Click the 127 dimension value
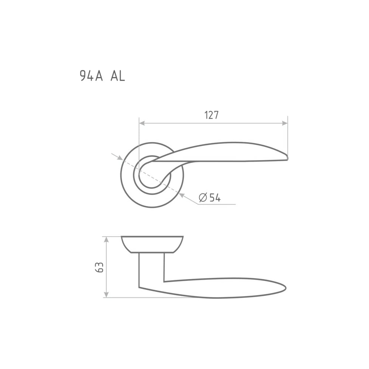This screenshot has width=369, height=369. point(211,115)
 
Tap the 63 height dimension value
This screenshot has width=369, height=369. point(99,267)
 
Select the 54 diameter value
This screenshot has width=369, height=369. point(215,197)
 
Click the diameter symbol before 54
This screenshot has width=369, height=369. point(203,197)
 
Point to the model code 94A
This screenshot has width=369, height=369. point(92,76)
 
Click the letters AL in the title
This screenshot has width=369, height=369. point(118,76)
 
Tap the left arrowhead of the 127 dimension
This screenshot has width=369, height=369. point(142,123)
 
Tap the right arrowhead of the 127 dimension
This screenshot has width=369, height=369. point(285,123)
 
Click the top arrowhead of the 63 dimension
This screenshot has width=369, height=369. point(106,239)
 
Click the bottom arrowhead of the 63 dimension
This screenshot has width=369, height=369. point(106,294)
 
